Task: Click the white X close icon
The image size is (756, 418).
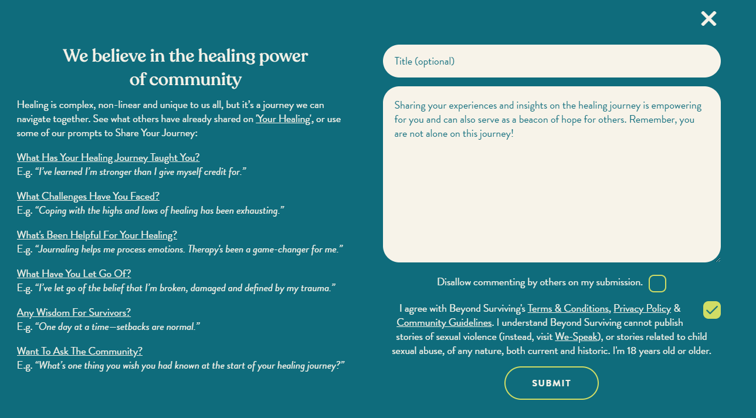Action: point(708,19)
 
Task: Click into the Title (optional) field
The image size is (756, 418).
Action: point(551,61)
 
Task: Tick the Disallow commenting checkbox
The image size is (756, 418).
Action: point(657,284)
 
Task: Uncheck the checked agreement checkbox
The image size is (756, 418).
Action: point(711,309)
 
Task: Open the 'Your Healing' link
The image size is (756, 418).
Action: point(283,119)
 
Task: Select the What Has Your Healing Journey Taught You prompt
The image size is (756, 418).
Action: point(108,157)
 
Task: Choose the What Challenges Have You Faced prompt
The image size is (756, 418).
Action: point(88,196)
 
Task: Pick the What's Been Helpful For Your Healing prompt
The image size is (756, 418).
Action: point(97,235)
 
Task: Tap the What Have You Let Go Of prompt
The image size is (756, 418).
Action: point(74,274)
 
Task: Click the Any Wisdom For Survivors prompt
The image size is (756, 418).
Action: point(74,312)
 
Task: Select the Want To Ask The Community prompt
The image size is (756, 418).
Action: point(80,351)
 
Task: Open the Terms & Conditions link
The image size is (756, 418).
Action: point(568,309)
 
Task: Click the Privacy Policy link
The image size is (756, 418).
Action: point(642,309)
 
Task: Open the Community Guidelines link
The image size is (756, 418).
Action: point(444,322)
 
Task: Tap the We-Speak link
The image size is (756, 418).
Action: point(578,336)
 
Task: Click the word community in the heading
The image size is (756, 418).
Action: point(195,79)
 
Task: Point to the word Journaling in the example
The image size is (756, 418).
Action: point(59,250)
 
